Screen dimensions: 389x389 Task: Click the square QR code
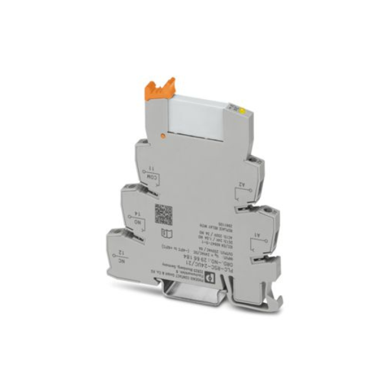(x=163, y=213)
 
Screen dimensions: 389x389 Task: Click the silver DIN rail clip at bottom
(x=194, y=299)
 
